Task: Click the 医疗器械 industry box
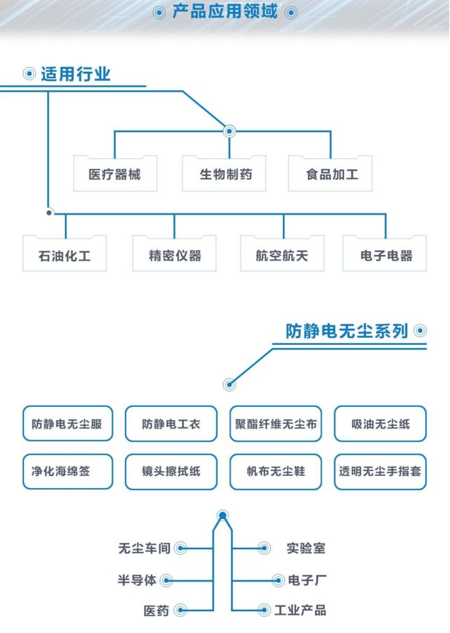[115, 174]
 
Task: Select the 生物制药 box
[224, 174]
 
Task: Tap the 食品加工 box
[330, 174]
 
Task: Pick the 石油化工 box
[65, 254]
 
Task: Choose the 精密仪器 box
[174, 254]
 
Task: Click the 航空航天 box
[282, 254]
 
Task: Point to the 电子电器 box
[385, 254]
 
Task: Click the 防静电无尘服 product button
[67, 424]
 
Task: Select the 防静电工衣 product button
[171, 424]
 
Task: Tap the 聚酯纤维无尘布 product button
[276, 424]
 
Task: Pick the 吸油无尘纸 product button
[380, 424]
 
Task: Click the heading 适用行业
[75, 74]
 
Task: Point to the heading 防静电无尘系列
[347, 331]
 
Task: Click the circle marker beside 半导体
[167, 581]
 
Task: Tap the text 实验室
[306, 548]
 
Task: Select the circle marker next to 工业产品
[264, 610]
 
